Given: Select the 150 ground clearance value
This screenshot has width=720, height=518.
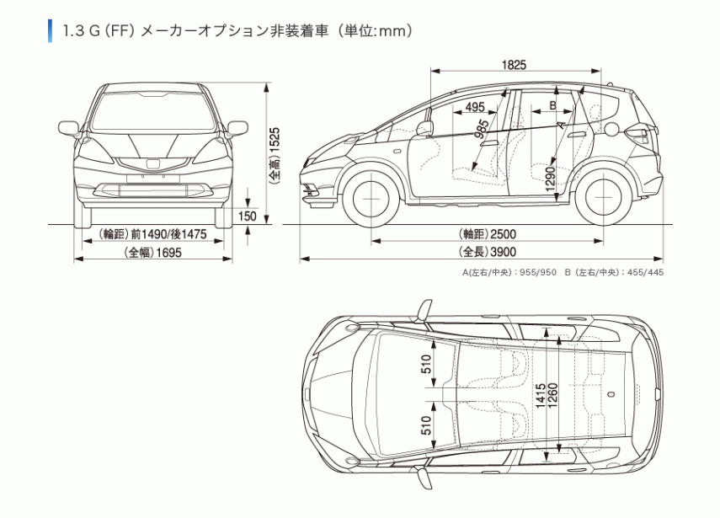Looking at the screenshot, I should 247,216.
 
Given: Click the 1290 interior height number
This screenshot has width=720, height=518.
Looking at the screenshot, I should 550,180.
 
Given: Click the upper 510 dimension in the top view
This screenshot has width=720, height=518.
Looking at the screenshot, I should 427,365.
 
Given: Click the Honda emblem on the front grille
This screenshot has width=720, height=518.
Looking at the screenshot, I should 153,163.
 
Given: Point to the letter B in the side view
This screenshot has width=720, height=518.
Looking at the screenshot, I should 552,105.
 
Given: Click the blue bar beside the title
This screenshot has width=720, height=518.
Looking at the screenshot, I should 51,30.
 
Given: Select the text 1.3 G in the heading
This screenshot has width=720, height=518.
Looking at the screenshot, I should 79,31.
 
